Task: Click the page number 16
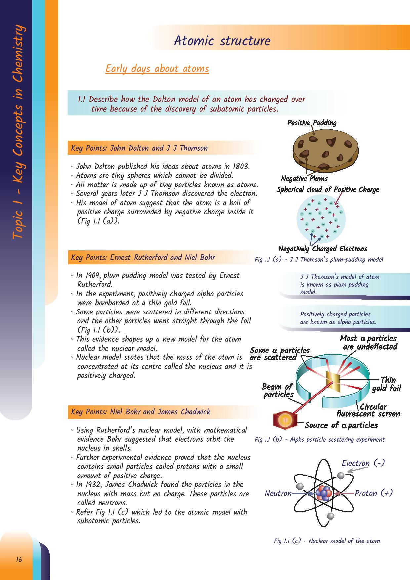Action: [x=19, y=559]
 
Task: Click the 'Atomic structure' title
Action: [x=222, y=41]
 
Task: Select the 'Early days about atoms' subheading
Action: [x=157, y=69]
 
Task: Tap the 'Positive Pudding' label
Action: [x=311, y=123]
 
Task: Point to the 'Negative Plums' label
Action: [x=304, y=178]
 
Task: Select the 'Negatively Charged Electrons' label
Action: [x=323, y=249]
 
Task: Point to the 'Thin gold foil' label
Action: [x=387, y=384]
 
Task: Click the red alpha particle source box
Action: [x=283, y=420]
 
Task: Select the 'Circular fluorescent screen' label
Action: [x=368, y=410]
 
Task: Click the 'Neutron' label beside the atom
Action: [x=278, y=493]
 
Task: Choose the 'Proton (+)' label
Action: [x=374, y=493]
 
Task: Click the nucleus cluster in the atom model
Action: [x=324, y=493]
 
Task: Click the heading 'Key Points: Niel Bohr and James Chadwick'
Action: [x=141, y=412]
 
